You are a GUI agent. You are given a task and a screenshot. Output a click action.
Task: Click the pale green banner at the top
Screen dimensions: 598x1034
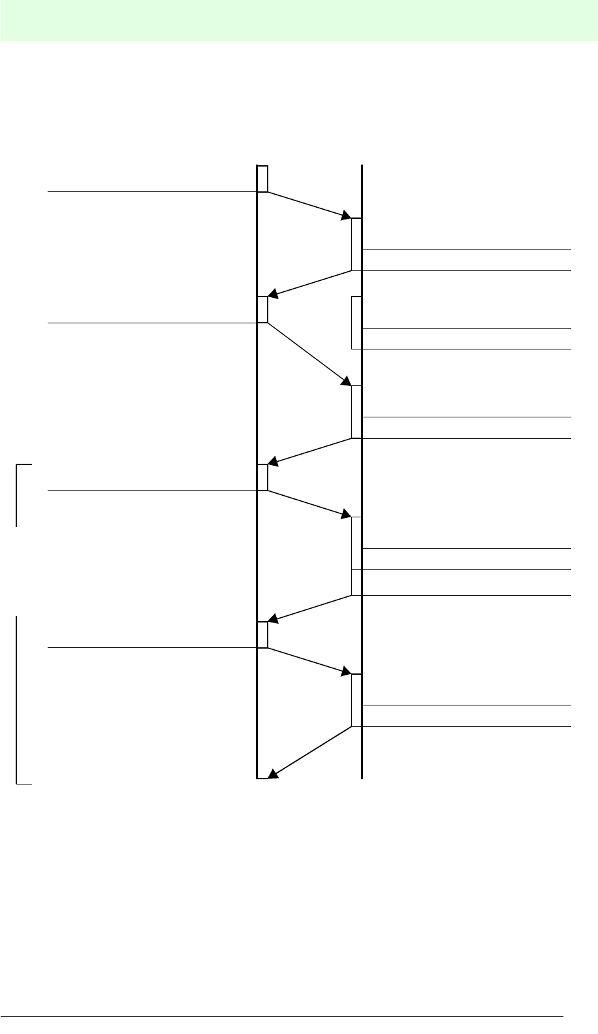(299, 20)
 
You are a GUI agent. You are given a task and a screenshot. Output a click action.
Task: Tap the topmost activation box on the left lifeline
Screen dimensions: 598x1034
(262, 179)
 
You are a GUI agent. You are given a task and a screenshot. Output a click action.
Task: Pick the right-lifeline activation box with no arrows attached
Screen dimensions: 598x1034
(356, 323)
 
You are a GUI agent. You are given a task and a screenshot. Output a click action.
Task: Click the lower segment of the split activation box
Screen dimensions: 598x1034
(356, 582)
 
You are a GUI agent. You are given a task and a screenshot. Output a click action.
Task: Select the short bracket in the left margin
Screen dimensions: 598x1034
(17, 494)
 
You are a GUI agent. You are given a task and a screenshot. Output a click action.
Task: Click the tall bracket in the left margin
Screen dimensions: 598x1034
(17, 699)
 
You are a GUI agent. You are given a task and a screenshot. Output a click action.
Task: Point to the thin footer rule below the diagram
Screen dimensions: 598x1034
(281, 1016)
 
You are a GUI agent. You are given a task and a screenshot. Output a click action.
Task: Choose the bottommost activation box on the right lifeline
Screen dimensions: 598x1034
(356, 700)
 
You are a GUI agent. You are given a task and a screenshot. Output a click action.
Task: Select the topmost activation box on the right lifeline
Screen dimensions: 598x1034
(356, 244)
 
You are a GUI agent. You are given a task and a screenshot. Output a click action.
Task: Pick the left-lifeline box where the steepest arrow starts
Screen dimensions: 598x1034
(262, 310)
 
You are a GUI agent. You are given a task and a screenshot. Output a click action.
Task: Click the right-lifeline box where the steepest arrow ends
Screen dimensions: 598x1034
(356, 412)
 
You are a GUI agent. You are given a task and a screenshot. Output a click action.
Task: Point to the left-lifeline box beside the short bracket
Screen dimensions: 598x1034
(262, 477)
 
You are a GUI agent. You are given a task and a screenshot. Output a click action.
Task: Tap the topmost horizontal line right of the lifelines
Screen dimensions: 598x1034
(466, 249)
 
